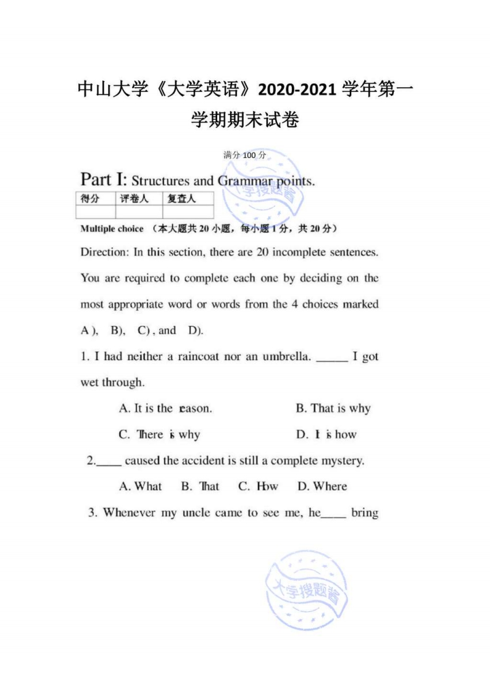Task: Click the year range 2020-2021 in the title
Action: tap(298, 90)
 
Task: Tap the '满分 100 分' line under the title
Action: tap(245, 155)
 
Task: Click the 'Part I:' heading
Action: tap(104, 180)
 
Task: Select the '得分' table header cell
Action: tap(91, 198)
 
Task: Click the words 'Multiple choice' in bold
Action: tap(112, 229)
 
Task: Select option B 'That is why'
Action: tap(333, 408)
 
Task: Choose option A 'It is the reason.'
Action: tap(165, 408)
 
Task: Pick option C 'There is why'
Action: tap(159, 434)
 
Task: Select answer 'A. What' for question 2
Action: tap(140, 487)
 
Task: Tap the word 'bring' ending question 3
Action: tap(364, 513)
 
